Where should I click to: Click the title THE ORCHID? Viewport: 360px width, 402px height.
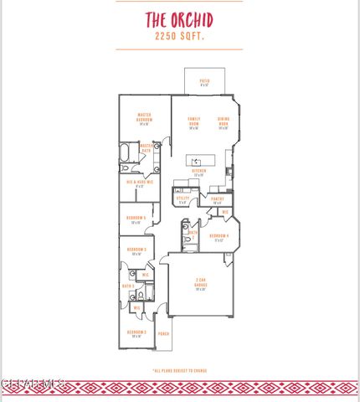point(179,20)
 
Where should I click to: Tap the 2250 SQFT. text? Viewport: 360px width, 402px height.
point(179,38)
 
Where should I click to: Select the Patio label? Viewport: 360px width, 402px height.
point(204,82)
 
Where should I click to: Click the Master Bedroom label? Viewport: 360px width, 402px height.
point(144,119)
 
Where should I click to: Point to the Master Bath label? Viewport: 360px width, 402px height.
point(147,147)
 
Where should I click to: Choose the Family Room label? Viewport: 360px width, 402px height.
point(193,123)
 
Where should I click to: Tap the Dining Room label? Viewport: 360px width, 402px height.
point(224,123)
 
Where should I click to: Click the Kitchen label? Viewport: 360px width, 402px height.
point(199,173)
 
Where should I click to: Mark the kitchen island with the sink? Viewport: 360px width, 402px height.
point(199,159)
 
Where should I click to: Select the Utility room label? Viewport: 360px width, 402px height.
point(183,199)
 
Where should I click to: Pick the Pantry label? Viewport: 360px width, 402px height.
point(217,199)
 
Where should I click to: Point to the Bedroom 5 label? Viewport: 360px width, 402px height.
point(137,219)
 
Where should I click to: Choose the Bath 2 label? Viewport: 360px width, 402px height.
point(192,234)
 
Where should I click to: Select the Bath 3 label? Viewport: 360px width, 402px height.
point(128,286)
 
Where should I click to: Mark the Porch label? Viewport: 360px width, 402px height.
point(163,334)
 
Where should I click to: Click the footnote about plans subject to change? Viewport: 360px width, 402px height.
point(179,369)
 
